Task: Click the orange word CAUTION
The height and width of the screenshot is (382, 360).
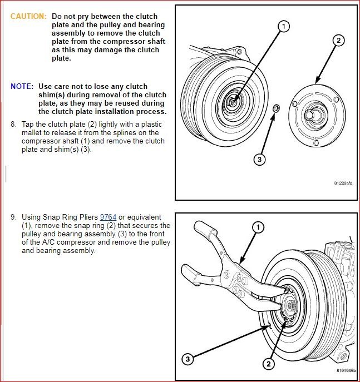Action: tap(28, 17)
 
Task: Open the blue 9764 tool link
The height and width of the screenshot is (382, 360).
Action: tap(107, 217)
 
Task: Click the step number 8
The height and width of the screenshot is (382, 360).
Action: tap(13, 124)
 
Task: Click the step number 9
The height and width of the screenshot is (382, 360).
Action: tap(13, 217)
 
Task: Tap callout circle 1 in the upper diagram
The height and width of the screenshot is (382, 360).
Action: tap(284, 26)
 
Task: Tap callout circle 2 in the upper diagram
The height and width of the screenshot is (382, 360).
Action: tap(339, 41)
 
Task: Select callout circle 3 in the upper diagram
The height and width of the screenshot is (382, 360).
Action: tap(259, 160)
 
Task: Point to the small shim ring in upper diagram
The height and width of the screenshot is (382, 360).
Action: tap(277, 107)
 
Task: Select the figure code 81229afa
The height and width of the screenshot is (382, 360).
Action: tap(343, 182)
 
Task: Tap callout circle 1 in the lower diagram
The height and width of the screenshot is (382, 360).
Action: tap(258, 227)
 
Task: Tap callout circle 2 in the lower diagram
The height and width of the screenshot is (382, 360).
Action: tap(268, 364)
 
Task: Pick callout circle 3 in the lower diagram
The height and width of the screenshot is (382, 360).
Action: tap(188, 360)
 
